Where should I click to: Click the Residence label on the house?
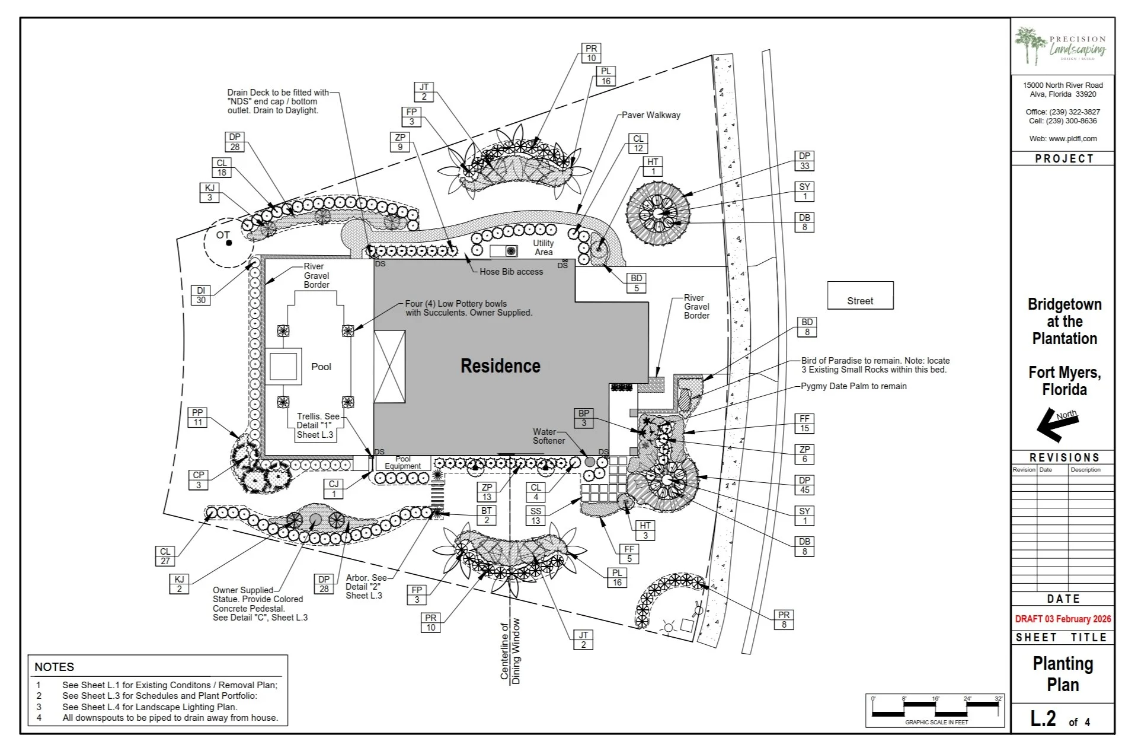(x=500, y=366)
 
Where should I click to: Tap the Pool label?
(x=321, y=367)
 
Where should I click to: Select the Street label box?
(x=860, y=296)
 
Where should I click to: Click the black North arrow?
(x=1056, y=424)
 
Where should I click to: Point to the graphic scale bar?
(x=935, y=708)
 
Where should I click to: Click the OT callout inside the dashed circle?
(x=223, y=236)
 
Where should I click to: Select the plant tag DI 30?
(x=201, y=295)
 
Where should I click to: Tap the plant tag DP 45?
(x=804, y=485)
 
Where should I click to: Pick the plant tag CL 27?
(x=165, y=556)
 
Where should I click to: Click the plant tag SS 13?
(x=536, y=516)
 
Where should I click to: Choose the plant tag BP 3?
(x=584, y=418)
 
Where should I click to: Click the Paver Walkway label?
(x=650, y=115)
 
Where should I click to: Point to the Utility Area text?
(x=543, y=247)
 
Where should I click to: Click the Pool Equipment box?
(x=402, y=463)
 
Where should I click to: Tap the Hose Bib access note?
(x=511, y=272)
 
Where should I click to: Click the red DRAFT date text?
(x=1063, y=619)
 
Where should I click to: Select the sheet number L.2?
(x=1043, y=719)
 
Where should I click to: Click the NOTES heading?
(x=54, y=667)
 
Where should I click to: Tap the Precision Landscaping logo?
(x=1062, y=46)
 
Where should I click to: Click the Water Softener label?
(x=548, y=436)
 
